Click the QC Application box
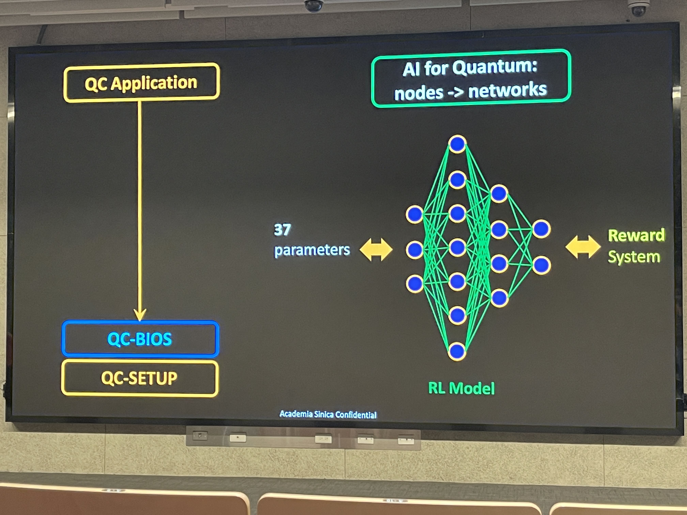tap(141, 83)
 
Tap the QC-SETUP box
tap(139, 378)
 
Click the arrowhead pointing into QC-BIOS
tap(140, 314)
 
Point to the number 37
tap(282, 230)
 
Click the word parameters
tap(312, 250)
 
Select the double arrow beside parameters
tap(376, 249)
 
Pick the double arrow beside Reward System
tap(583, 247)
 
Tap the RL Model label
tap(461, 388)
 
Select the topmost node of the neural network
tap(457, 144)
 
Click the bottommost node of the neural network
tap(456, 351)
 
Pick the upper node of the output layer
tap(541, 229)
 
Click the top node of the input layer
tap(414, 214)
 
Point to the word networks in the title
tap(507, 90)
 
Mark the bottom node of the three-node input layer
tap(414, 283)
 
